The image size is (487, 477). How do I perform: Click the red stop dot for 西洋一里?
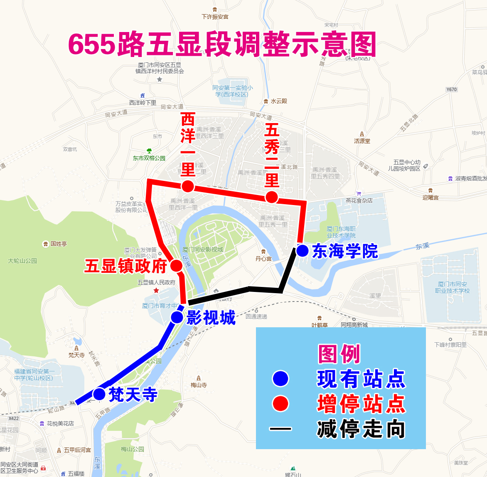pos(188,186)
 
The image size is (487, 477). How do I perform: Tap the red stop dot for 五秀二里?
pos(272,197)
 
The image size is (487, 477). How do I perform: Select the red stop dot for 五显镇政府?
pos(176,265)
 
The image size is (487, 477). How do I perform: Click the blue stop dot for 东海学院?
pos(302,251)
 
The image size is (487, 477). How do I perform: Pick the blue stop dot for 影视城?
pos(177,317)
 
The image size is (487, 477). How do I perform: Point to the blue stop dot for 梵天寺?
pos(99,393)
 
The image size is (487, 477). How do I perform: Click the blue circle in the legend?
pos(280,378)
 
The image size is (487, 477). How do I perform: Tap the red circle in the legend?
pos(280,403)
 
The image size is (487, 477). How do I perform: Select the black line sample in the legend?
pos(280,428)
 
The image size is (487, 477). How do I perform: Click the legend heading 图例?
pos(339,354)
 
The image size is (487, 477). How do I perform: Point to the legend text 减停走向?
pos(361,429)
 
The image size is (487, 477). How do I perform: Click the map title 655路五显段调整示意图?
pos(222,44)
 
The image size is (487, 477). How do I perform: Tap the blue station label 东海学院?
pos(345,251)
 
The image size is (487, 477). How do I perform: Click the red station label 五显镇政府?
pos(126,266)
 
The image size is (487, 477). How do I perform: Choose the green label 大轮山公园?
pos(22,261)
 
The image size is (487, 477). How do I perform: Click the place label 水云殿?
pos(279,101)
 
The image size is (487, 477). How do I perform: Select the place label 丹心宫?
pos(263,259)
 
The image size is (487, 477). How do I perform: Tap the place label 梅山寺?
pos(199,385)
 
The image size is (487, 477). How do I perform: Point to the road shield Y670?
pos(452,89)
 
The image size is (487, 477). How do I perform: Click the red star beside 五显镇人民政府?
pos(156,290)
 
